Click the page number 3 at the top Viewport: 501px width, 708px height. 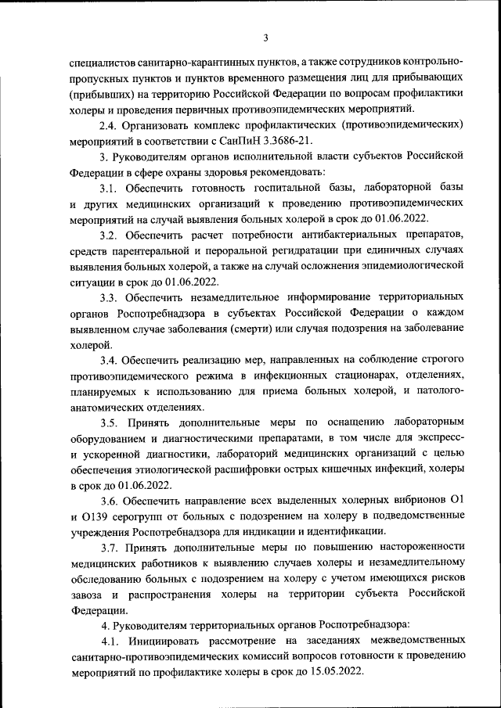(x=265, y=37)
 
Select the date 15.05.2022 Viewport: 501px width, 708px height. (x=335, y=672)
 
